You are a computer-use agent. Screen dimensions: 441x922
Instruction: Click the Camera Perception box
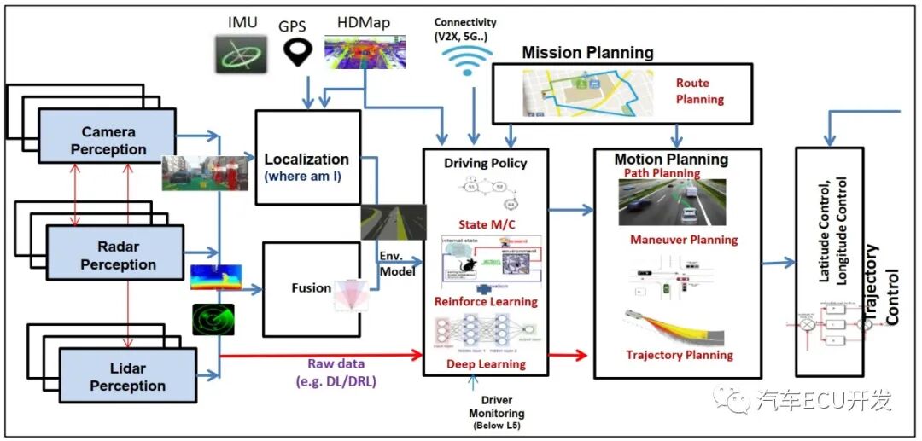tap(108, 141)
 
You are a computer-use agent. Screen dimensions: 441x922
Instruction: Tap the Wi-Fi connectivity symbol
tap(467, 57)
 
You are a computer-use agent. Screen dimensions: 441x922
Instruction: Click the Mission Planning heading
tap(587, 53)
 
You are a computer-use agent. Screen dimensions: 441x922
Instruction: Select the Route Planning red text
tap(699, 91)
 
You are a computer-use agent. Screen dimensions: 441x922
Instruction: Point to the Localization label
tap(306, 160)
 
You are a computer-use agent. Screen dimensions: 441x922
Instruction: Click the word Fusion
tap(311, 288)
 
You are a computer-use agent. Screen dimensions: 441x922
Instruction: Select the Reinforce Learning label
tap(485, 301)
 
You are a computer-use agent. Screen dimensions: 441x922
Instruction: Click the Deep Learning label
tap(485, 364)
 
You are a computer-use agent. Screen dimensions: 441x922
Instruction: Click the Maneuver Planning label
tap(683, 240)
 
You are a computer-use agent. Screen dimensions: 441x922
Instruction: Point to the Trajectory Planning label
tap(679, 355)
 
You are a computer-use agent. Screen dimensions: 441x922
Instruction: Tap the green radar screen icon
tap(213, 320)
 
